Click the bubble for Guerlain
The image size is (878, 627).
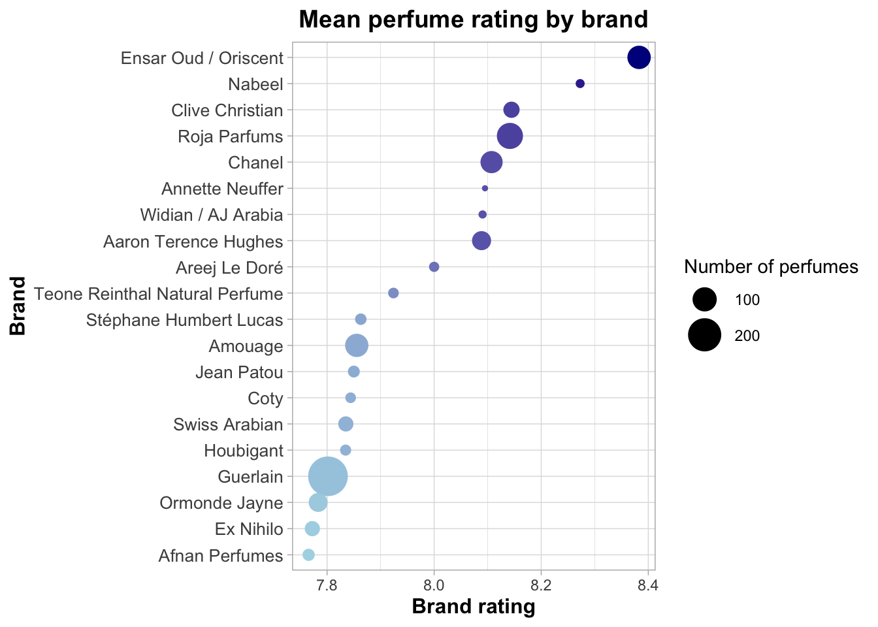click(328, 476)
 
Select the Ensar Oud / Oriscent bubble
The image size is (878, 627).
click(639, 57)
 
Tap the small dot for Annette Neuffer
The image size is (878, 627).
click(485, 188)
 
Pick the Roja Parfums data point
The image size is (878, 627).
click(510, 136)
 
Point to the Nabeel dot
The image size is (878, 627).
click(579, 84)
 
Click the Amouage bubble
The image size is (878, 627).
click(357, 346)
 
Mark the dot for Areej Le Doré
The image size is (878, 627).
click(434, 266)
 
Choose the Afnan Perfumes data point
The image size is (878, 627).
click(308, 555)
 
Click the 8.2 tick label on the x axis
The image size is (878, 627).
click(541, 584)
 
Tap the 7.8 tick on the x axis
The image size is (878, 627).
click(327, 584)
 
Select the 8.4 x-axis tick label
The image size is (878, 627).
click(647, 584)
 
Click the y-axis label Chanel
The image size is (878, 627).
click(255, 163)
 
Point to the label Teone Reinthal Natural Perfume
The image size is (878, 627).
click(159, 294)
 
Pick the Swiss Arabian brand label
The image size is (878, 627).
click(228, 425)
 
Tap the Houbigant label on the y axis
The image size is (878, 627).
click(243, 451)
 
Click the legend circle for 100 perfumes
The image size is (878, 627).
click(705, 300)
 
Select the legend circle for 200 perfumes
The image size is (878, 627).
click(705, 335)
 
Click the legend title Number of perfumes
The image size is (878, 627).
click(771, 266)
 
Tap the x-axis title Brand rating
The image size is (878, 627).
click(474, 607)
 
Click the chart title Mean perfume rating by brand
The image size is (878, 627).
click(474, 20)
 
